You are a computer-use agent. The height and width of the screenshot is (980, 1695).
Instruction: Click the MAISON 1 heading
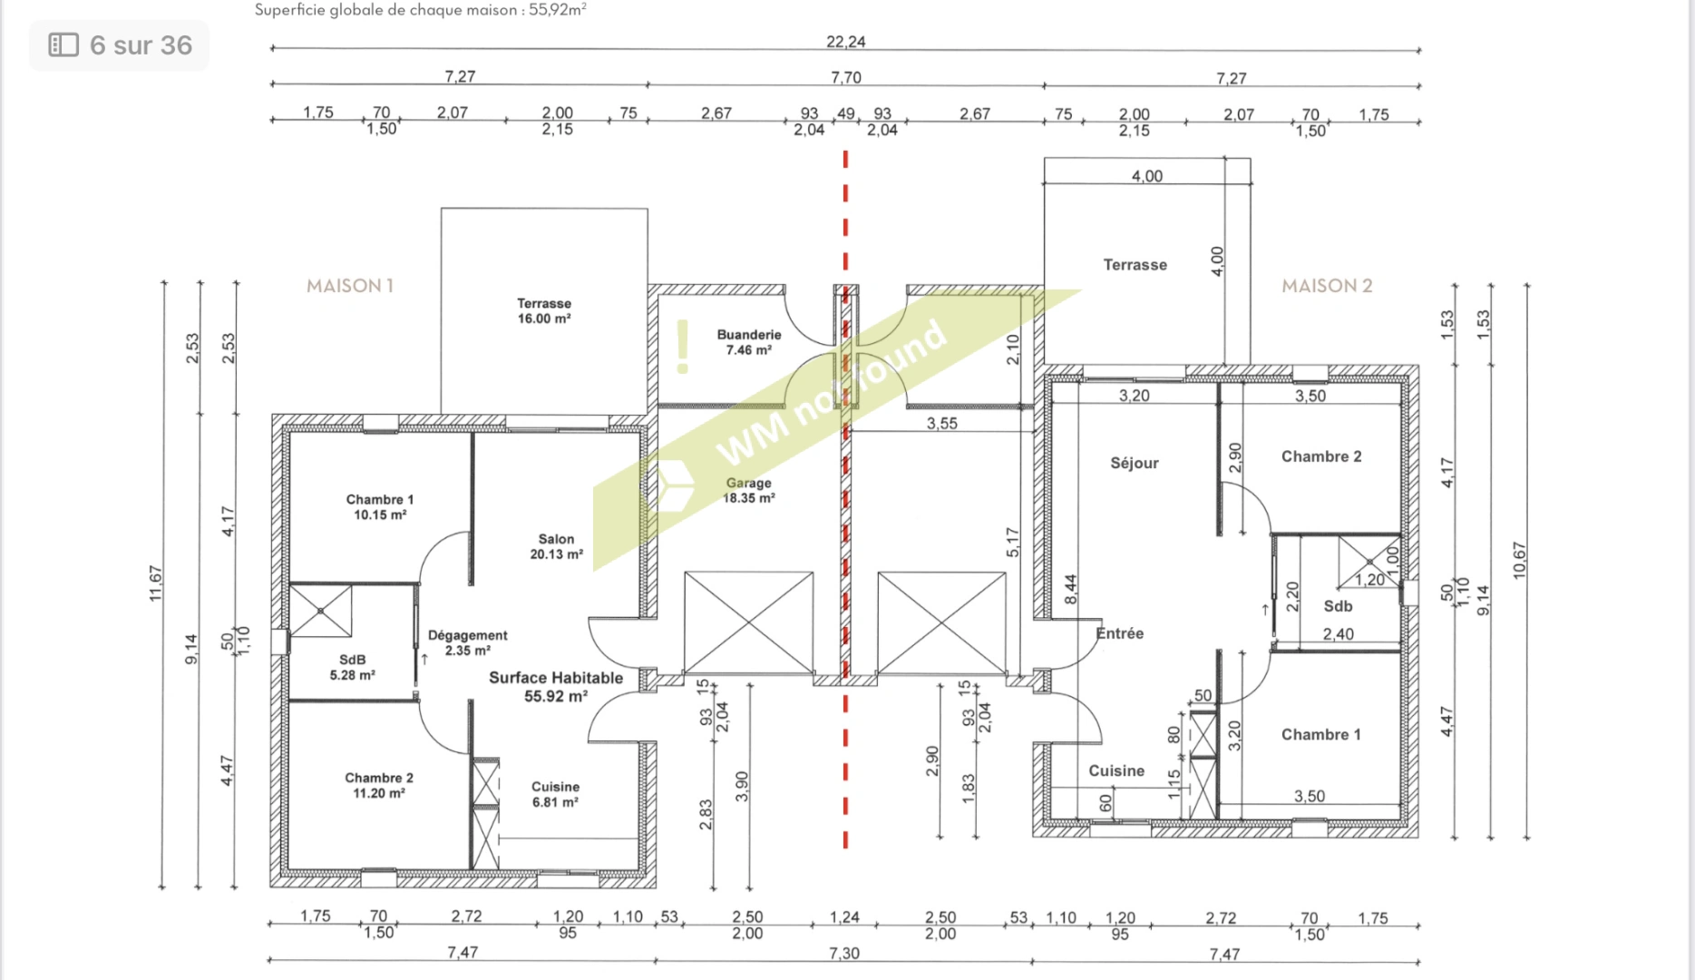(x=350, y=286)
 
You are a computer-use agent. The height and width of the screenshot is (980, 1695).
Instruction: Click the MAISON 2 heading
(x=1327, y=286)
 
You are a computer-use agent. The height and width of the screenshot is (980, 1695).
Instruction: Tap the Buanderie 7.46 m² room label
(x=749, y=342)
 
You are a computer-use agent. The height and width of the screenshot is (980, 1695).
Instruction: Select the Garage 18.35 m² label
(x=749, y=491)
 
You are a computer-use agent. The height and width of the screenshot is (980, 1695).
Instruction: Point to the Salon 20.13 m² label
(x=556, y=546)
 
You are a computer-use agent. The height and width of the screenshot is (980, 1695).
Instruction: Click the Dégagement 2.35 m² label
(x=468, y=642)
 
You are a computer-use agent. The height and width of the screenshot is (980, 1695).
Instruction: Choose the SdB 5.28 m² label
(x=353, y=667)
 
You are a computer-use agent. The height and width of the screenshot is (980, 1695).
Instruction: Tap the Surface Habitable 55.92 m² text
(x=556, y=687)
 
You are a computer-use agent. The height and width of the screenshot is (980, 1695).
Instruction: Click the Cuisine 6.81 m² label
(x=555, y=794)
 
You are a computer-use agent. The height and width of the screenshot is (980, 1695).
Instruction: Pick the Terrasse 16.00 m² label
(x=544, y=310)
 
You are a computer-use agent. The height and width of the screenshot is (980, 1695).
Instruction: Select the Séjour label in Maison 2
(x=1135, y=463)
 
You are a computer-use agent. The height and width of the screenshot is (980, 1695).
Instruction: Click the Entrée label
(x=1120, y=633)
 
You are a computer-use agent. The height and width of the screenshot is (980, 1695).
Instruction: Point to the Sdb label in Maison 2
(x=1339, y=606)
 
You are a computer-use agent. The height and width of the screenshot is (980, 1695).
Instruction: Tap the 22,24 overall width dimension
(x=846, y=42)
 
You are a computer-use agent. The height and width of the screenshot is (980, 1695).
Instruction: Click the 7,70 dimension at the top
(x=846, y=78)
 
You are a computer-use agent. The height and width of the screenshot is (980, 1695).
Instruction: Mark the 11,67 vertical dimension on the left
(x=155, y=583)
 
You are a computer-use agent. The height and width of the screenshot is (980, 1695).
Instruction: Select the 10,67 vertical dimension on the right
(x=1520, y=561)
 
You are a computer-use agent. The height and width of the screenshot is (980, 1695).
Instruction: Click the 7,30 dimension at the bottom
(x=844, y=954)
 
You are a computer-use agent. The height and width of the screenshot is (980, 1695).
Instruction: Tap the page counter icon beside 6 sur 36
(x=63, y=44)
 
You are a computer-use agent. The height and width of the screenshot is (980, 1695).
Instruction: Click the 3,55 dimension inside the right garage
(x=942, y=423)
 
